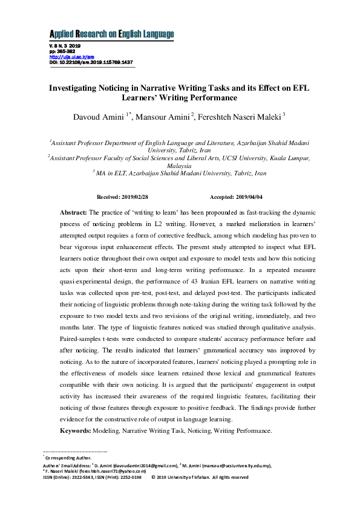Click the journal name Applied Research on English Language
tap(111, 33)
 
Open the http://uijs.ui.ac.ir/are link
tap(64, 56)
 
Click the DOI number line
tap(91, 62)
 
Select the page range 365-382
tap(66, 51)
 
